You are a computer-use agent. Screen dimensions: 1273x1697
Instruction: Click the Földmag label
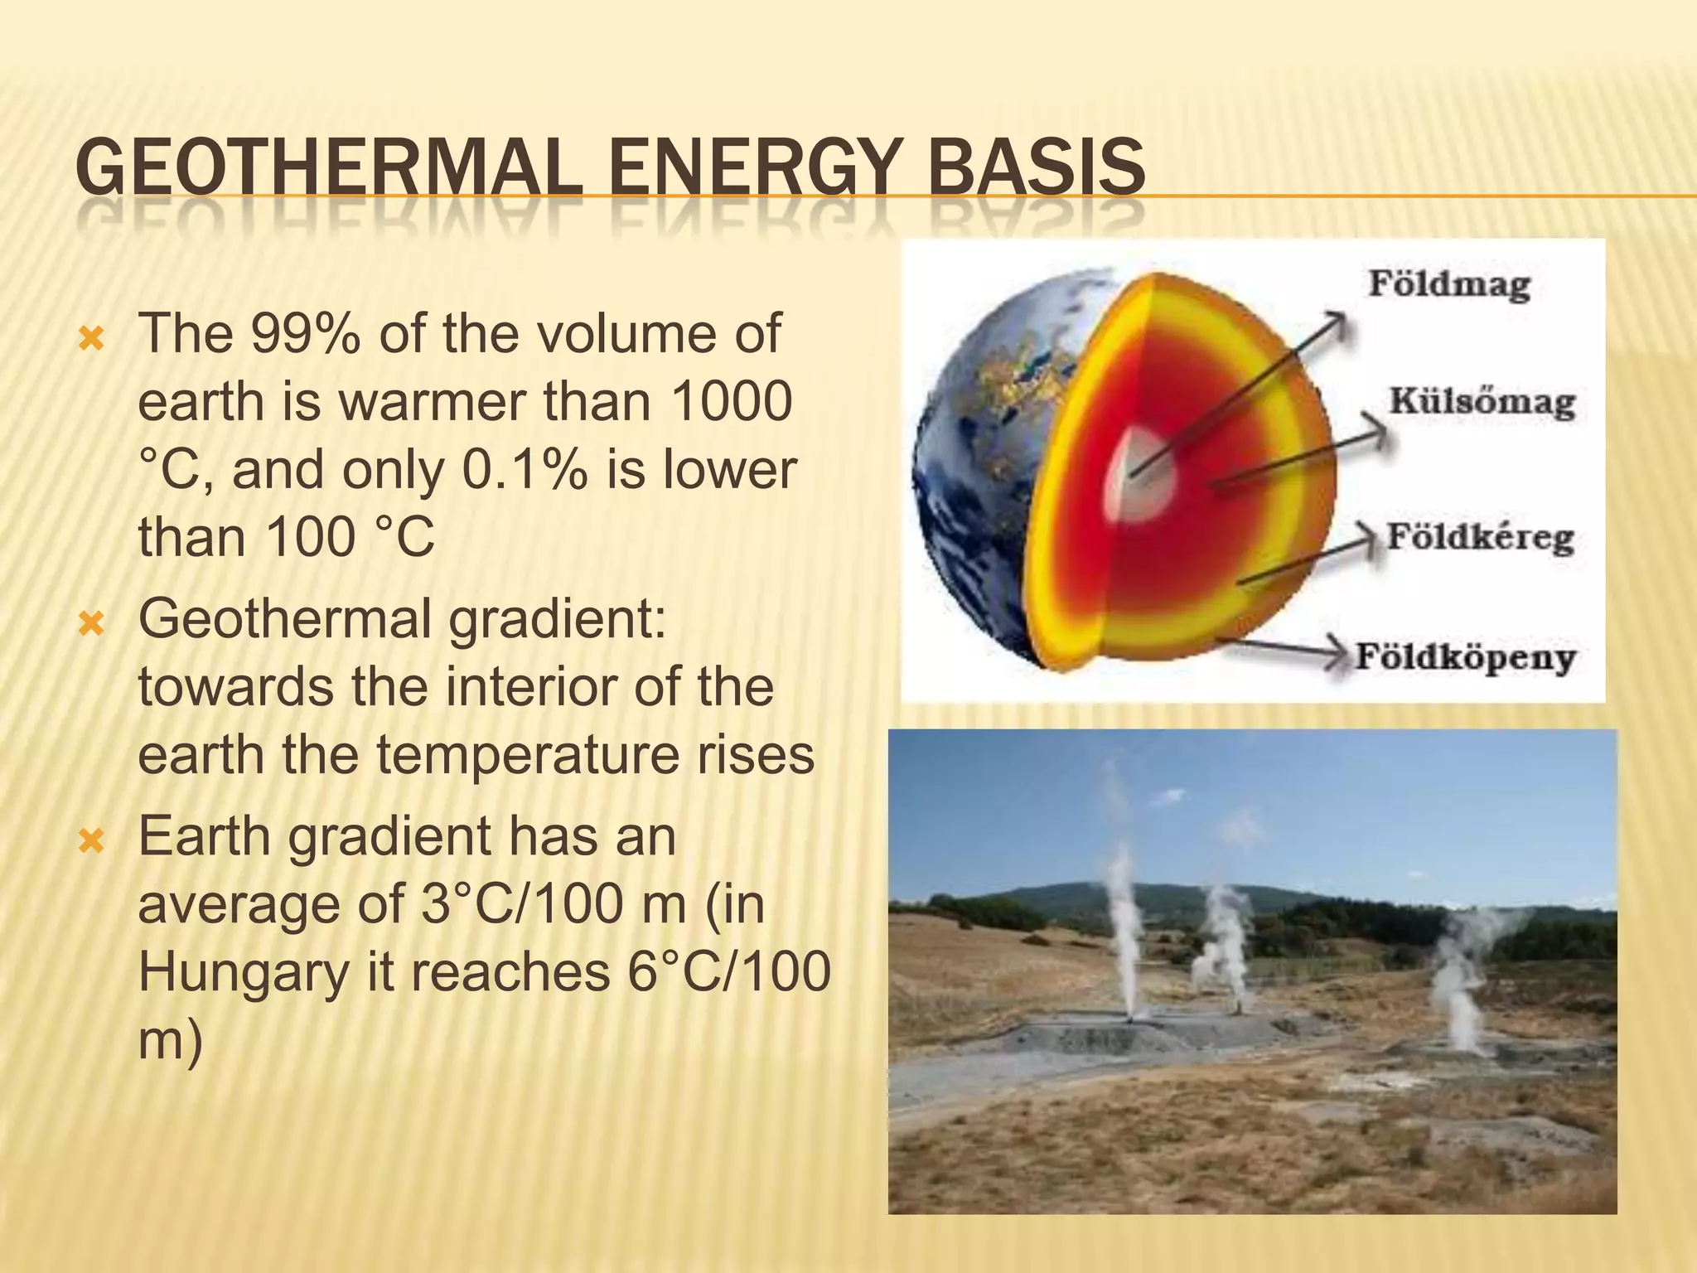pyautogui.click(x=1448, y=284)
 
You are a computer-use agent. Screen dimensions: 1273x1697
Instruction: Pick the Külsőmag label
pyautogui.click(x=1482, y=403)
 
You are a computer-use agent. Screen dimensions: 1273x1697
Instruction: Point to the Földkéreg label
pyautogui.click(x=1480, y=537)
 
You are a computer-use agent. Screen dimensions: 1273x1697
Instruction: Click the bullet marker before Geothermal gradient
pyautogui.click(x=89, y=623)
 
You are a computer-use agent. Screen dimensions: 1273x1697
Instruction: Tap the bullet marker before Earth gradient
pyautogui.click(x=89, y=842)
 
